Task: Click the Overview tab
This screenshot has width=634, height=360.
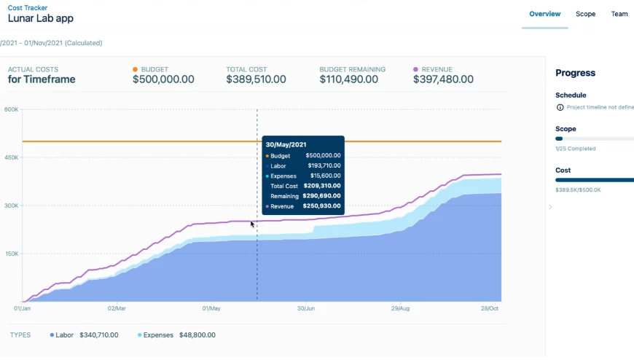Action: (x=544, y=14)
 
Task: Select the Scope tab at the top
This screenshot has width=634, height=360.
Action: (x=585, y=14)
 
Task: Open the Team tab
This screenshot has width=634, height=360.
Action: (x=619, y=14)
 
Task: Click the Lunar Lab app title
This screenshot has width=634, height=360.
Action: (x=41, y=19)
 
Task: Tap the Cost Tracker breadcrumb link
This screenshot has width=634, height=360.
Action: (x=28, y=7)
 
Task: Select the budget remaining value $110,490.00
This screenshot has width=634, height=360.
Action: (x=348, y=79)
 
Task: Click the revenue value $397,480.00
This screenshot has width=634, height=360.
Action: (x=443, y=79)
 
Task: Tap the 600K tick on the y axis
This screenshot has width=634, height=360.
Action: (x=11, y=110)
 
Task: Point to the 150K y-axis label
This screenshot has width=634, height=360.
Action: (x=11, y=254)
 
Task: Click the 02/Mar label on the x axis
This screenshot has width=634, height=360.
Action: (x=117, y=309)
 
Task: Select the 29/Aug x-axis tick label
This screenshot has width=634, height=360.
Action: (x=400, y=309)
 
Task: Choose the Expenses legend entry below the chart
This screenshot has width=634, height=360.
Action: (x=157, y=335)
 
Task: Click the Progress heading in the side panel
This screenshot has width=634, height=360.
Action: (x=575, y=73)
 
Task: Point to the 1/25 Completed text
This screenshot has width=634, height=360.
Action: (x=575, y=149)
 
